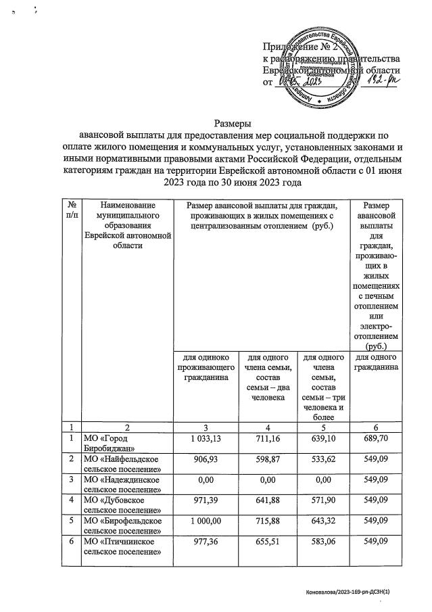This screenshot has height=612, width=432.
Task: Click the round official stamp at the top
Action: [322, 68]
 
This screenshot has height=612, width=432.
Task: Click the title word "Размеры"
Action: [233, 124]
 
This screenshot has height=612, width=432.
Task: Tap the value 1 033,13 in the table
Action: [208, 441]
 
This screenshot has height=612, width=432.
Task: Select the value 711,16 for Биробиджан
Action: [267, 441]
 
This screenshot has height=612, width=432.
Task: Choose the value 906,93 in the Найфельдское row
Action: [208, 465]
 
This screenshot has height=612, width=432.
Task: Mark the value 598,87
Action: [267, 465]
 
